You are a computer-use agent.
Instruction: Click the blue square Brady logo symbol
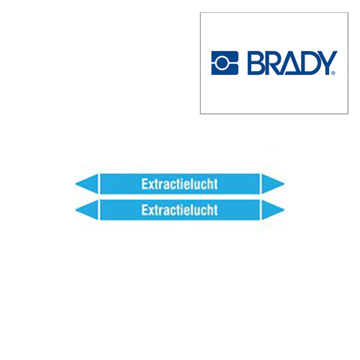[224, 63]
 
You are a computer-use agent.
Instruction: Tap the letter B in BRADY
[256, 63]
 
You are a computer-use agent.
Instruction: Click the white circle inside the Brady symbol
[224, 63]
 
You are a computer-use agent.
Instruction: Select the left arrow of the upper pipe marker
[86, 184]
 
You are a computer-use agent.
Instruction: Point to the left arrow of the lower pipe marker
[86, 210]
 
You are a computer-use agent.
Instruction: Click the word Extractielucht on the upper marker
[179, 184]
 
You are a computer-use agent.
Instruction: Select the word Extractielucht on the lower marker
[179, 210]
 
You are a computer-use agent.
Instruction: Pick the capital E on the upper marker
[145, 184]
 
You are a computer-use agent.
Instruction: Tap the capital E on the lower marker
[145, 210]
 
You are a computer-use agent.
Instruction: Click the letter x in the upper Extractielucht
[151, 185]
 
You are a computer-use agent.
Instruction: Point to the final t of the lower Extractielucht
[215, 210]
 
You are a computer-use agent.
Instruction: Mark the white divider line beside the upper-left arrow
[99, 184]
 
